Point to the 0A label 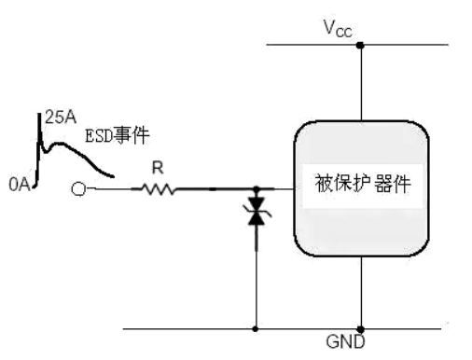point(21,187)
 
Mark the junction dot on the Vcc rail point(360,44)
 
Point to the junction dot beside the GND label point(360,328)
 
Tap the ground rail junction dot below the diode point(255,328)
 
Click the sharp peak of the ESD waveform point(39,117)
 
